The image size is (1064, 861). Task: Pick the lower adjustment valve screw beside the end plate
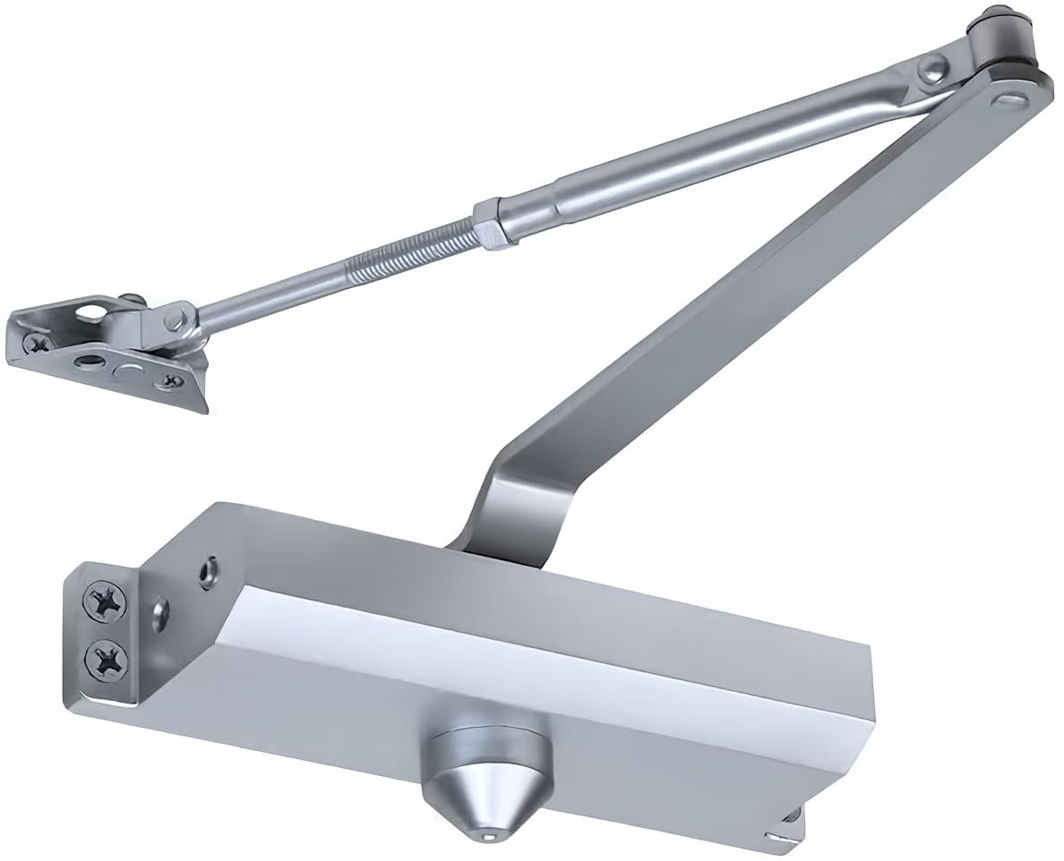[x=162, y=614]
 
